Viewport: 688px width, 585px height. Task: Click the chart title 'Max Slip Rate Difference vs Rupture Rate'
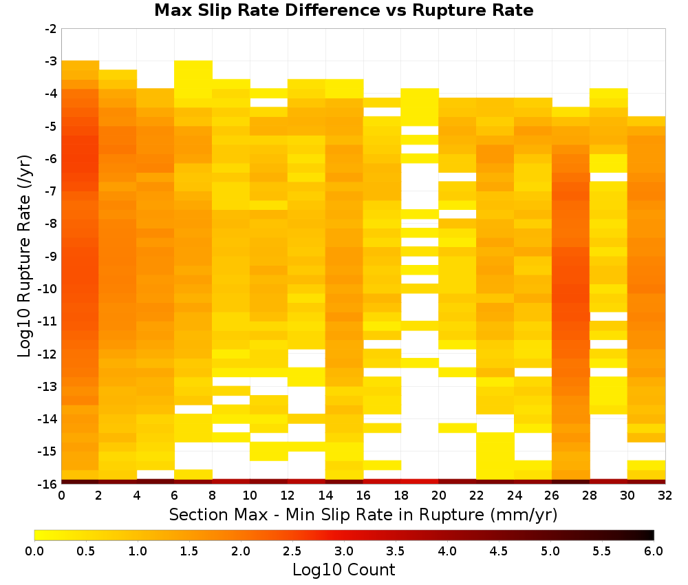(343, 10)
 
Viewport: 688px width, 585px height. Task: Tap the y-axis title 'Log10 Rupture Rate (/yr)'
(24, 256)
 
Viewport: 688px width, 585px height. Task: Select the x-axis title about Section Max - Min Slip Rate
(363, 514)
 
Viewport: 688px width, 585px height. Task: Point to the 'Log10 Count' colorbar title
(343, 570)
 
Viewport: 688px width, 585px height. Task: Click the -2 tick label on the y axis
(51, 29)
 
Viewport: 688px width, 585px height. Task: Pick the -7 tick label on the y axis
(51, 191)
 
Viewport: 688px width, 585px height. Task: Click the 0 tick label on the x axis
(61, 496)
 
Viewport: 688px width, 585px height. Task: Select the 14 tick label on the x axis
(325, 496)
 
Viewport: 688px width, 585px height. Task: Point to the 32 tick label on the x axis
(665, 496)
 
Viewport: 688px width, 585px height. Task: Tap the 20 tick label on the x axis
(439, 496)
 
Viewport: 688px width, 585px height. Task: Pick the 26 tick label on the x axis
(552, 496)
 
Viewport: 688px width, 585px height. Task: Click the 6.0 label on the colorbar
(654, 551)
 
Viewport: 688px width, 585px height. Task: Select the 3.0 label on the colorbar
(344, 551)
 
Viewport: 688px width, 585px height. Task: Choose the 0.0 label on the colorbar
(34, 551)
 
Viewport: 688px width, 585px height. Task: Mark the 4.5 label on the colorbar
(499, 551)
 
